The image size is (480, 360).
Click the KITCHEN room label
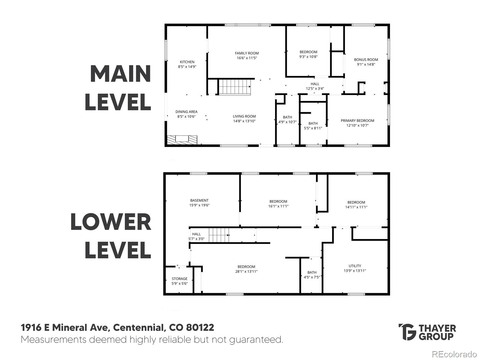(x=187, y=62)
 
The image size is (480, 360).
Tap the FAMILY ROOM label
(x=247, y=53)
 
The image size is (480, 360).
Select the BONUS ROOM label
(x=366, y=59)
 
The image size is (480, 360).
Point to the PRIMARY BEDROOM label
(x=357, y=120)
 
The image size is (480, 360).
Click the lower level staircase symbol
(x=219, y=235)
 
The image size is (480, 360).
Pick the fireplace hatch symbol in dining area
(x=182, y=140)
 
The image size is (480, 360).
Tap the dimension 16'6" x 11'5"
(x=247, y=58)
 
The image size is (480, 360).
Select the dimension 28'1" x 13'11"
(x=246, y=271)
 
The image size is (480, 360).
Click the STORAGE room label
(x=179, y=278)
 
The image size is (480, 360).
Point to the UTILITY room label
(x=355, y=266)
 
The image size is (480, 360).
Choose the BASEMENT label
(x=199, y=200)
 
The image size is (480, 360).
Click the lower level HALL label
(x=196, y=234)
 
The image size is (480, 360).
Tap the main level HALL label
(x=315, y=84)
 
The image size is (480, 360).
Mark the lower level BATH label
(x=312, y=272)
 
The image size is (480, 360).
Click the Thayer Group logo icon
(x=407, y=332)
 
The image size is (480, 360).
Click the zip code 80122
(x=200, y=327)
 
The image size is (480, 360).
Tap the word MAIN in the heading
(x=121, y=73)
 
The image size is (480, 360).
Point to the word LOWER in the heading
(x=111, y=222)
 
